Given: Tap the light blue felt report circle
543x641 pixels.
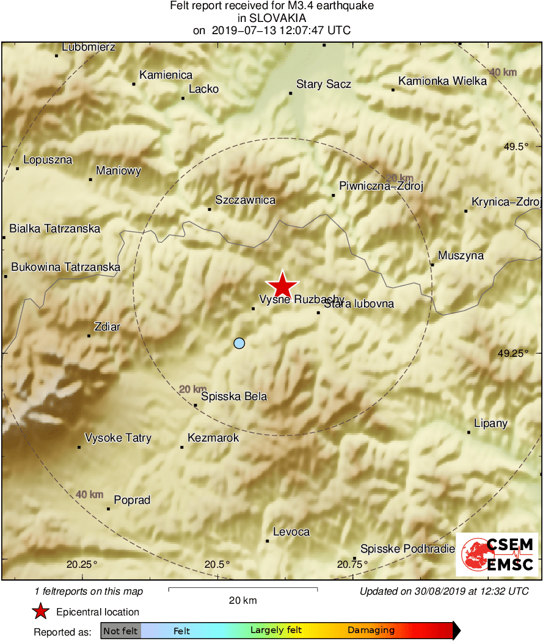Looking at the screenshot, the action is point(239,343).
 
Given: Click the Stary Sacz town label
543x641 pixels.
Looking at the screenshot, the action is point(323,84).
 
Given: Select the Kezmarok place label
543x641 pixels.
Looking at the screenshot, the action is point(213,438).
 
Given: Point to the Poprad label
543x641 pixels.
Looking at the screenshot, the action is point(132,500).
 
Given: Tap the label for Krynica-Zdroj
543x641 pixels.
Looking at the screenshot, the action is point(506,202).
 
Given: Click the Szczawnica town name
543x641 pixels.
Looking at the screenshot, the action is point(245,200).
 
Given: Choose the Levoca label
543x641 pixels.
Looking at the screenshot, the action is point(291,532).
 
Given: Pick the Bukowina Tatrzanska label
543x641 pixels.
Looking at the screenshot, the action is point(66,267).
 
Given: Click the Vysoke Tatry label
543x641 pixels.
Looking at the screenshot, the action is point(118,438).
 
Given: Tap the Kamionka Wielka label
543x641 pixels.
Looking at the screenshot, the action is point(442,81).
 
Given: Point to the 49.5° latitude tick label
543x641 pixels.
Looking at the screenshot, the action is point(512,146).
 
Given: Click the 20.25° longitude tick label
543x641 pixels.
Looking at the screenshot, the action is point(82,564).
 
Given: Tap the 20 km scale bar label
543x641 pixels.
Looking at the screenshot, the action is point(242,600).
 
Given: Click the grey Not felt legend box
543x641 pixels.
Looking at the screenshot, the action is point(120,631).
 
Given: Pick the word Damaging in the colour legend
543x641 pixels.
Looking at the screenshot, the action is point(371,631).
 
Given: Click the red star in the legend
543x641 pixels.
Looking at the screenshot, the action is point(40,611).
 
